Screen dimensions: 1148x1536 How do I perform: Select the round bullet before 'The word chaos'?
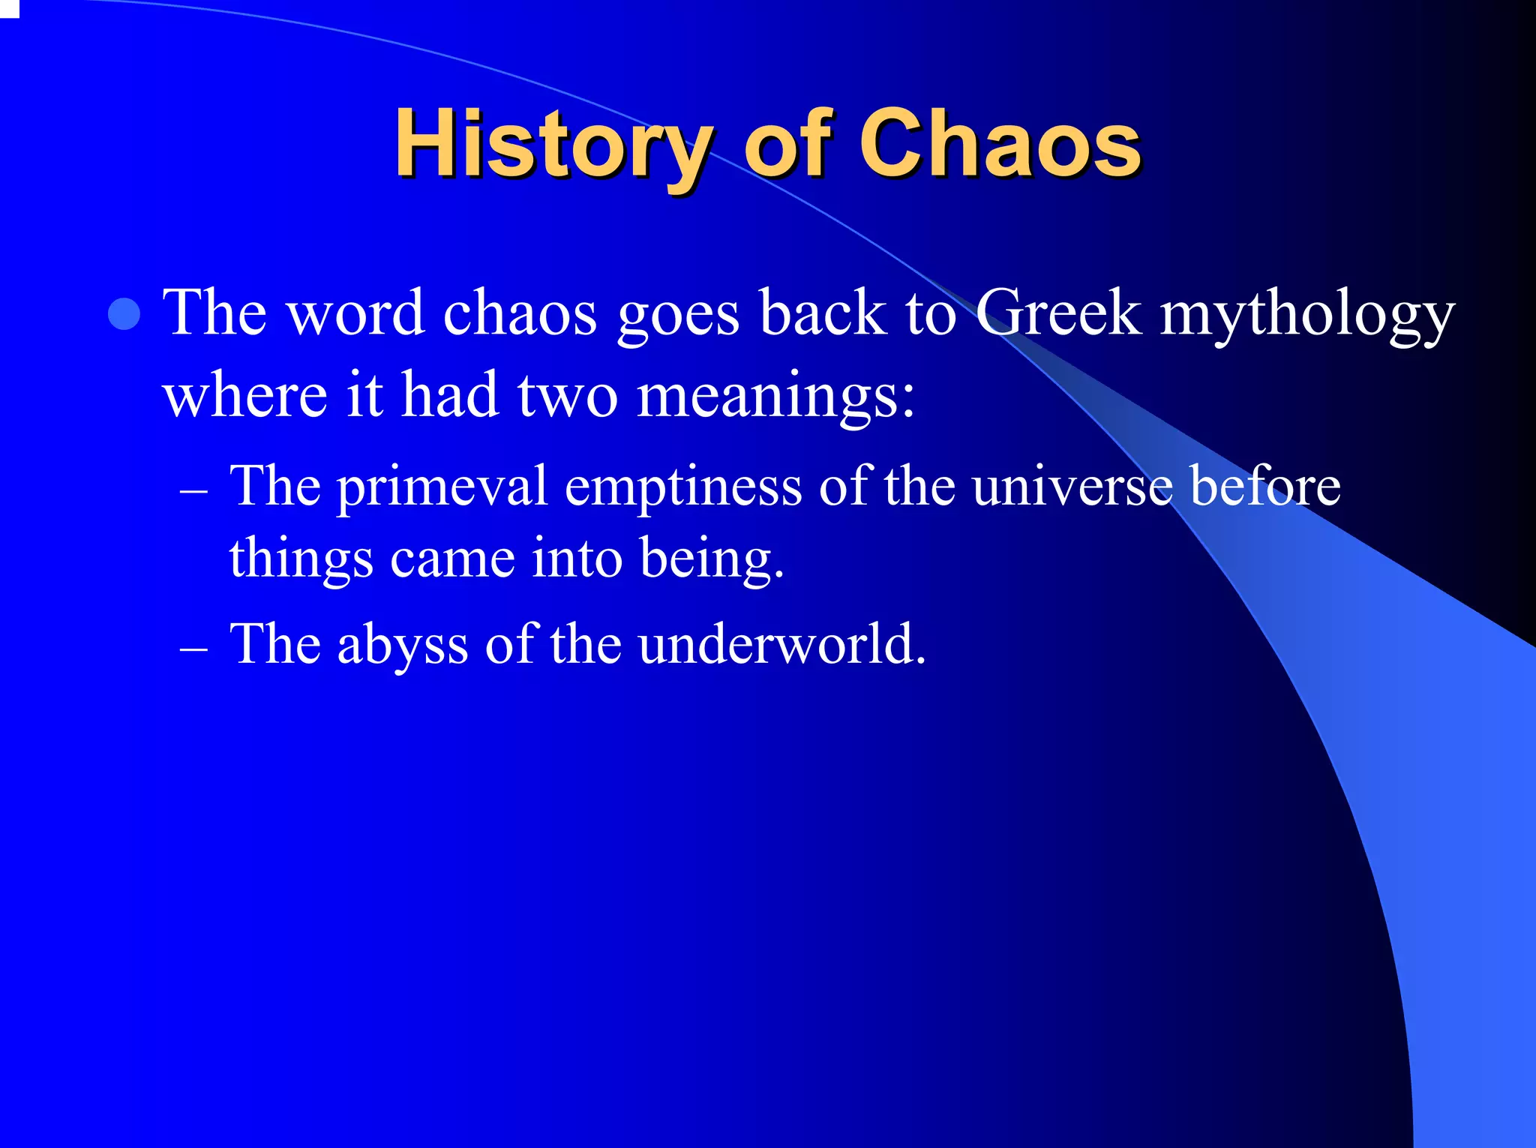coord(124,314)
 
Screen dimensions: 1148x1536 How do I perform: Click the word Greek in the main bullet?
coord(1058,313)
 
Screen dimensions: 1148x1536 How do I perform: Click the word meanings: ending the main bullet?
coord(775,396)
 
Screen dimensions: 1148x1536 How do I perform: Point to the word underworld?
coord(782,643)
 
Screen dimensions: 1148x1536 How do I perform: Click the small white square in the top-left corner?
coord(8,7)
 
